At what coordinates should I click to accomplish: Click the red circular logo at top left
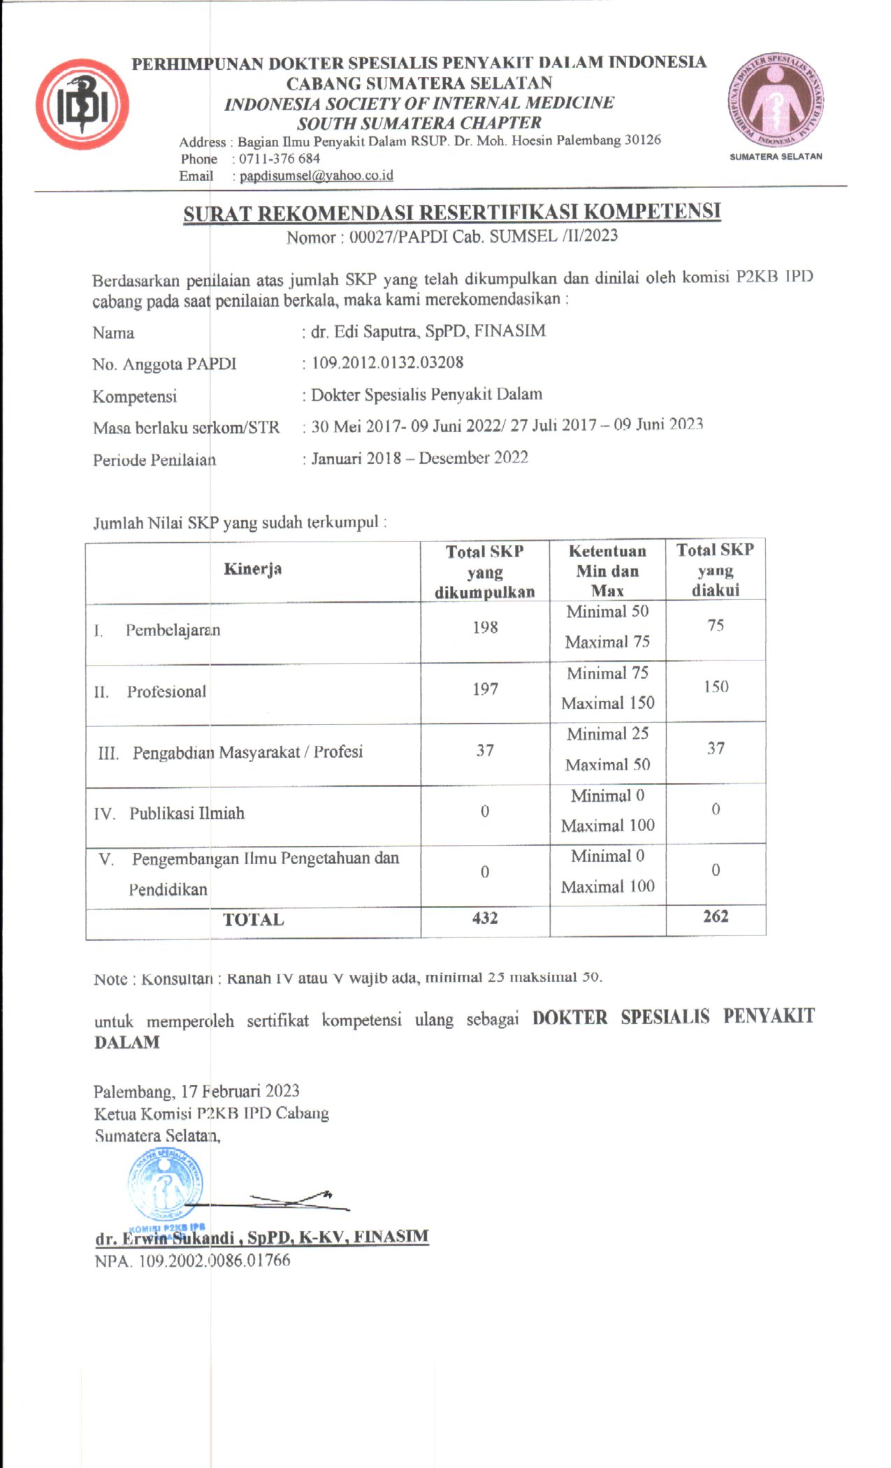(82, 104)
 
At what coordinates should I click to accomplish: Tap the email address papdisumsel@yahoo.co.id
(316, 175)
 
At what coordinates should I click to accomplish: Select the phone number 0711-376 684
(280, 159)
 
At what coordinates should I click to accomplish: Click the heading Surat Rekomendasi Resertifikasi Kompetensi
(451, 213)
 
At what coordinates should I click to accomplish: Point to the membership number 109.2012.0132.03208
(387, 363)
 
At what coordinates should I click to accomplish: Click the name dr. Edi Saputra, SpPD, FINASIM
(428, 331)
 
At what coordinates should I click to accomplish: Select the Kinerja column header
(252, 569)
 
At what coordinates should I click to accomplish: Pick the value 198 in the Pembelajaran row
(485, 627)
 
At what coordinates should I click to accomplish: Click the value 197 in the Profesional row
(485, 689)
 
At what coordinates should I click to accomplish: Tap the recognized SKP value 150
(716, 686)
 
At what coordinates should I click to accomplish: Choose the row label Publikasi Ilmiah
(187, 813)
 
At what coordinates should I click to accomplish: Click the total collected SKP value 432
(485, 918)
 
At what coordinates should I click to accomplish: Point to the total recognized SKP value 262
(716, 916)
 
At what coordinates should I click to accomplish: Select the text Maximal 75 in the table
(607, 642)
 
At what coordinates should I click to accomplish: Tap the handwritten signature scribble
(294, 1201)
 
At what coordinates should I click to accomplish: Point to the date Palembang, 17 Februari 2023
(196, 1091)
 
